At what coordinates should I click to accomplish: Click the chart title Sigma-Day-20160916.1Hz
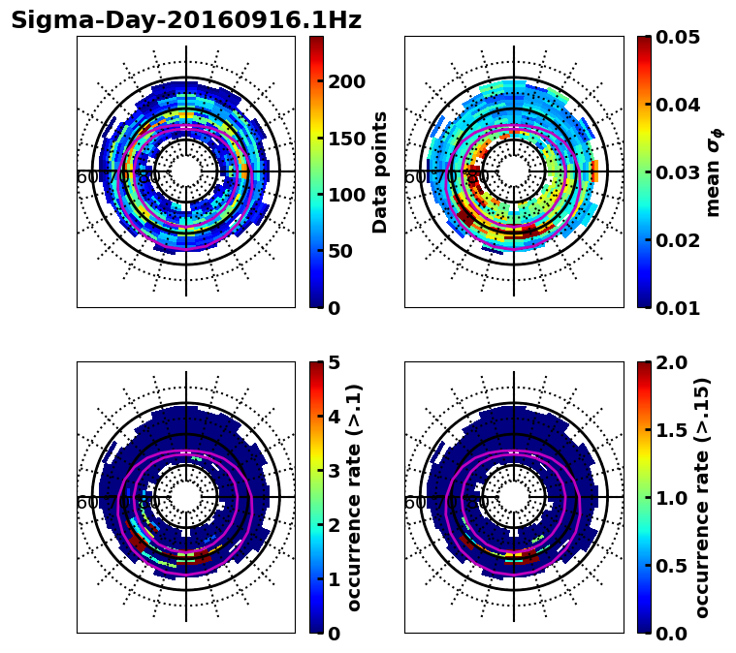click(185, 20)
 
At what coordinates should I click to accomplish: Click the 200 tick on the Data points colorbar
click(346, 81)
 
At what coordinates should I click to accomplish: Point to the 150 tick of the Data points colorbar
click(346, 139)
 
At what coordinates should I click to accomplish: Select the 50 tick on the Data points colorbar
click(340, 251)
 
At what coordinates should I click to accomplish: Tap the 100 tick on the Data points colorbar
click(346, 195)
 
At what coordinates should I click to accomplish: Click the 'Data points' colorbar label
click(380, 171)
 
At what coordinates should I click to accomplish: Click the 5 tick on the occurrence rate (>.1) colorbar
click(335, 362)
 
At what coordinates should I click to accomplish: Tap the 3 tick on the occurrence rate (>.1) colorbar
click(335, 471)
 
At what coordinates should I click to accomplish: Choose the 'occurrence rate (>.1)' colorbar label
click(354, 497)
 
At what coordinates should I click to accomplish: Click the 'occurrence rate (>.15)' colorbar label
click(702, 497)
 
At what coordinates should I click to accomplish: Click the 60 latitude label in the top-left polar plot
click(86, 177)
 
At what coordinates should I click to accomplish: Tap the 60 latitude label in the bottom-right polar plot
click(414, 503)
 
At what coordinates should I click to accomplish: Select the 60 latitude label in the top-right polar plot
click(414, 177)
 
